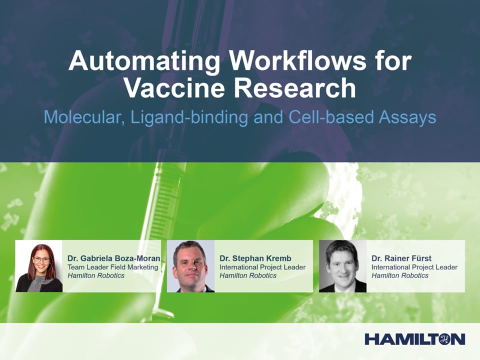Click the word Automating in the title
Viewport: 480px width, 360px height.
(x=144, y=61)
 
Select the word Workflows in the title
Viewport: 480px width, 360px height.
(x=298, y=60)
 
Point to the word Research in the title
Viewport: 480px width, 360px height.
(x=295, y=87)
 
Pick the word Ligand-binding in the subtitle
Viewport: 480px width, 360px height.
(x=189, y=118)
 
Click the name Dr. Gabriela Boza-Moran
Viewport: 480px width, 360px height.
(x=114, y=258)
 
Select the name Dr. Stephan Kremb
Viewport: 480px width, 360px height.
(x=255, y=258)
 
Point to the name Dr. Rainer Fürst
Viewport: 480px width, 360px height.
(x=401, y=258)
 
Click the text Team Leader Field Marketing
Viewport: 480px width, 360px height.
(x=113, y=267)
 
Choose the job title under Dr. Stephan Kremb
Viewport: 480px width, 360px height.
(x=262, y=267)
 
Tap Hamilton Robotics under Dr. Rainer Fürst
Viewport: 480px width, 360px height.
(x=400, y=275)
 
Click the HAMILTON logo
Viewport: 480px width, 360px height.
(x=415, y=339)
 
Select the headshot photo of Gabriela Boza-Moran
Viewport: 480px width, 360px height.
(x=39, y=266)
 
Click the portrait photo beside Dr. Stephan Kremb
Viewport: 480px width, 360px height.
(x=190, y=266)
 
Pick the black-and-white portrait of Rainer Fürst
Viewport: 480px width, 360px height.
(x=342, y=266)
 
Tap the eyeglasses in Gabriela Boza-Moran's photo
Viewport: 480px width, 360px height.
(x=41, y=259)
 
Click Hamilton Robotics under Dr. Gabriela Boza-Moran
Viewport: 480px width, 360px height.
(x=96, y=275)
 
